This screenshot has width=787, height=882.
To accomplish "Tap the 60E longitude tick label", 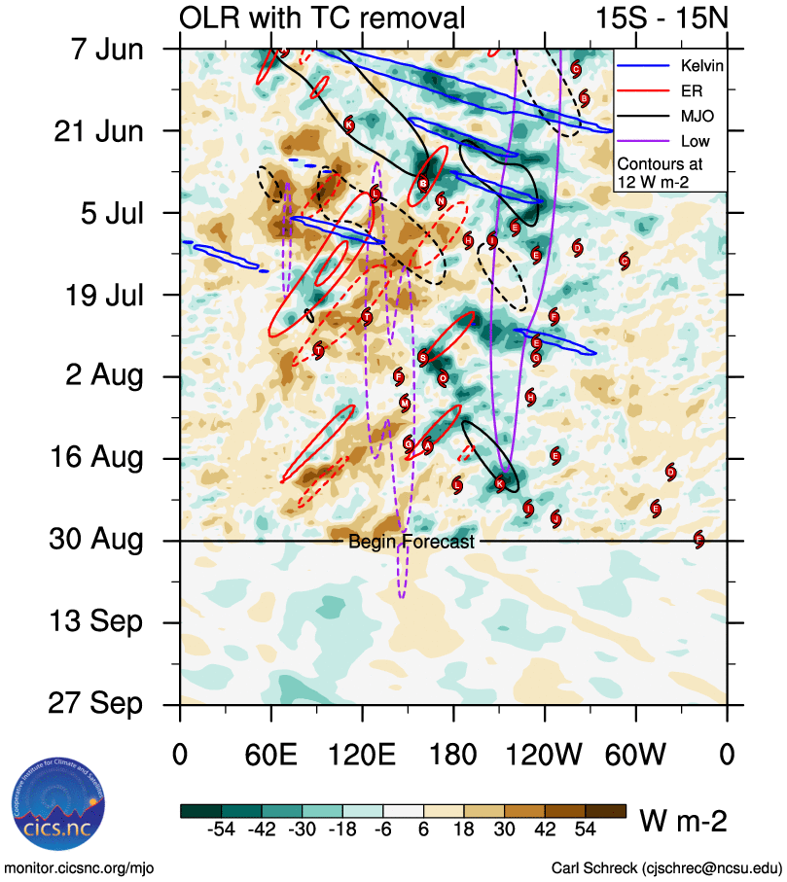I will click(271, 755).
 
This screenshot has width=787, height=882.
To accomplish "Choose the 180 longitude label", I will click(453, 755).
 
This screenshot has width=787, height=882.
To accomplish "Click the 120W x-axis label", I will click(545, 755).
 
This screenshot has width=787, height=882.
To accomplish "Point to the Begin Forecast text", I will click(411, 542).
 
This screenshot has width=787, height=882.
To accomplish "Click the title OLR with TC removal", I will click(322, 17).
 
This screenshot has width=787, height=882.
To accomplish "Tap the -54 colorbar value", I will click(223, 829).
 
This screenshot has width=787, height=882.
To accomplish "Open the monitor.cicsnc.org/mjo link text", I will click(80, 867).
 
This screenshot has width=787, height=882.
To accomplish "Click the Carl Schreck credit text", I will click(666, 867).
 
